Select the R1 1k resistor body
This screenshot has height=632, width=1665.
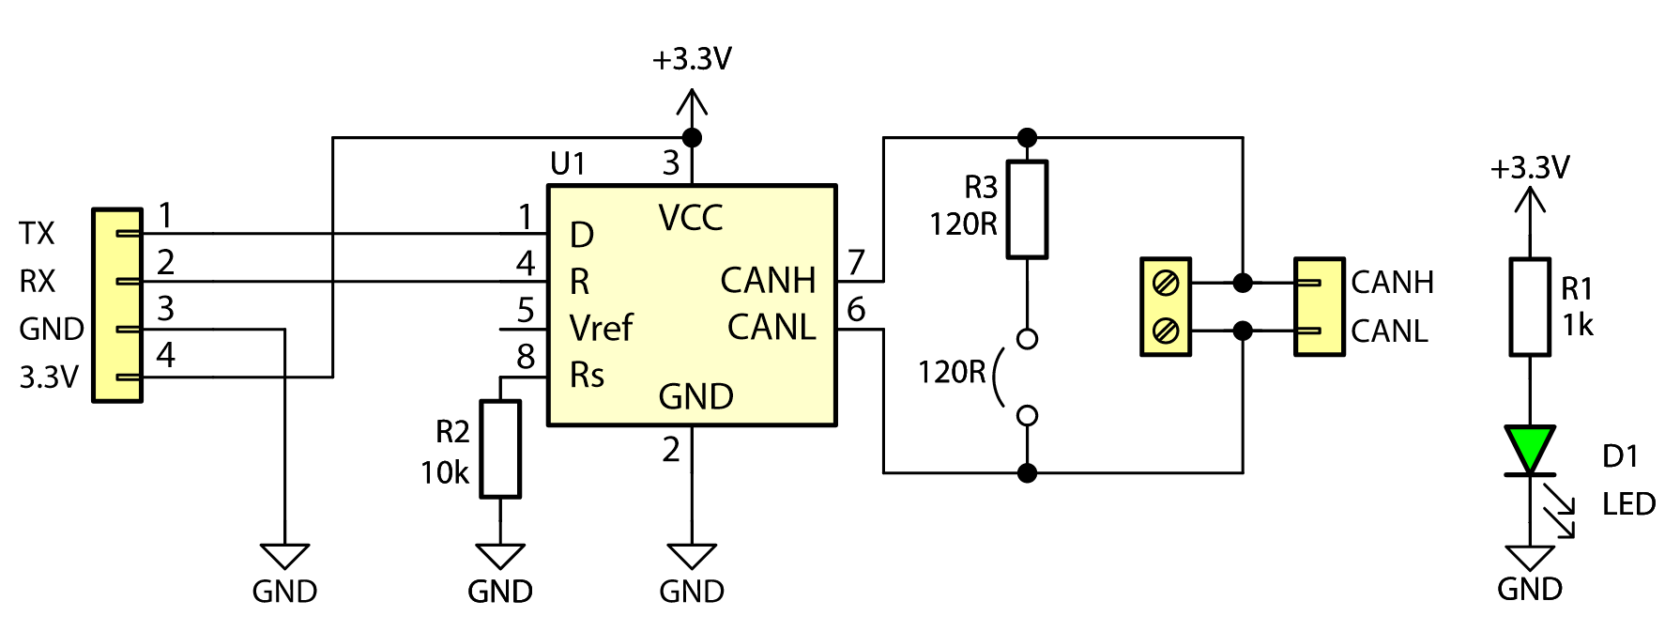pos(1530,307)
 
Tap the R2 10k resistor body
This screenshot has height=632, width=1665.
pos(500,449)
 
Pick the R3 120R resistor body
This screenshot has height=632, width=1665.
pos(1027,209)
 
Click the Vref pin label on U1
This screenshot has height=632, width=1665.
pos(601,329)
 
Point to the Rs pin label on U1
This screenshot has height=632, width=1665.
pos(587,376)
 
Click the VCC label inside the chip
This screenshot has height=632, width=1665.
pos(691,218)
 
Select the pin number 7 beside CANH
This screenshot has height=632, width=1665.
pos(856,262)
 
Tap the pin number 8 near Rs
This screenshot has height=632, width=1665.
pos(526,357)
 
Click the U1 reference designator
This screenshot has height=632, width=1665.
pos(568,164)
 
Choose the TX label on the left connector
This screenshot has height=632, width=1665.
pos(38,234)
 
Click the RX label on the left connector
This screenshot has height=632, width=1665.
pos(38,281)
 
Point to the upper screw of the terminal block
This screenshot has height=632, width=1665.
pos(1166,282)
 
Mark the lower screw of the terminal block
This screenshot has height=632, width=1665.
pos(1166,331)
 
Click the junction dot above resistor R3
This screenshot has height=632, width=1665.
pos(1027,138)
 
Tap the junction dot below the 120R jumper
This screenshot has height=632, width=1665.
pos(1027,472)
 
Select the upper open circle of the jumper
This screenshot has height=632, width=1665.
pos(1027,339)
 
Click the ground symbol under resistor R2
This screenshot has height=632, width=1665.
pos(500,556)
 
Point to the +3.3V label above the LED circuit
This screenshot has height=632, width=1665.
pos(1530,168)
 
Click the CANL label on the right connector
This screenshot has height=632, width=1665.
pos(1389,331)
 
